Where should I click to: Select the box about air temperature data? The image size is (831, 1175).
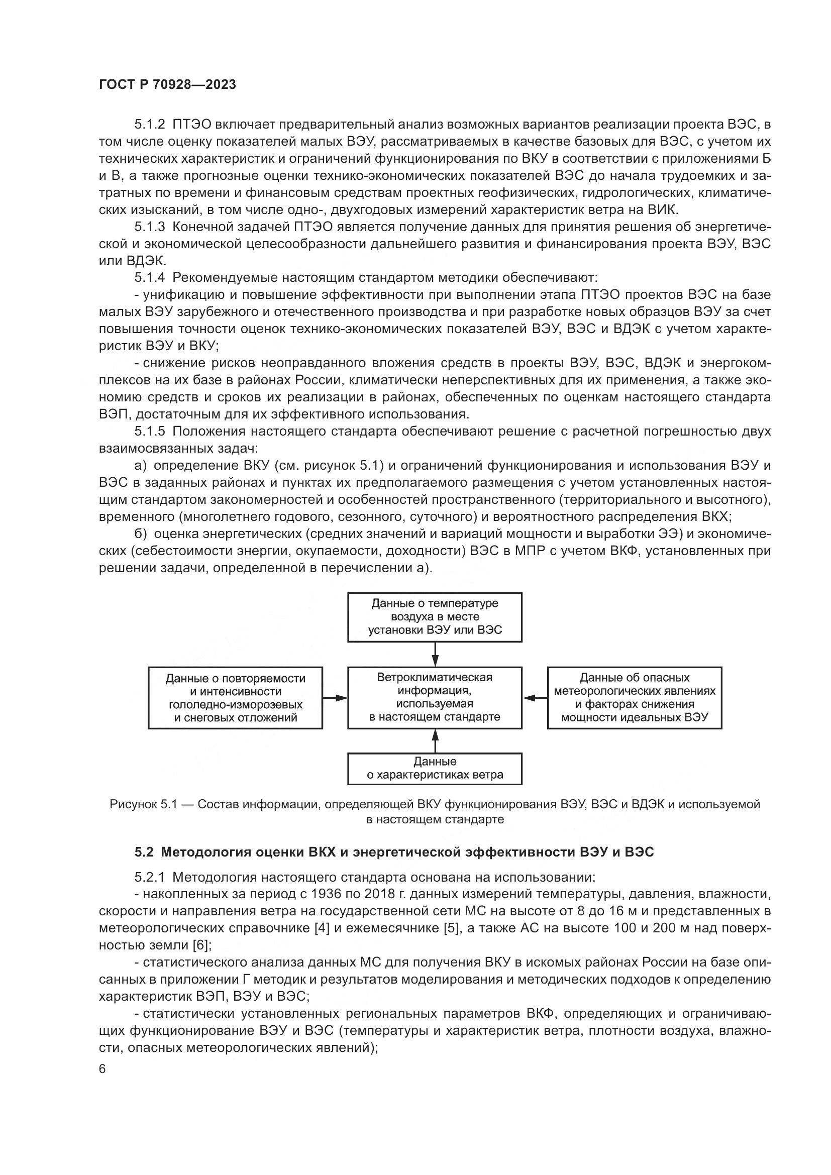435,617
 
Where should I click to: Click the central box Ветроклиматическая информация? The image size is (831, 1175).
435,698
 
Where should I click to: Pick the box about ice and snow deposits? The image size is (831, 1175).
235,698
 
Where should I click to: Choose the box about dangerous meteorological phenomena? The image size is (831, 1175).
635,698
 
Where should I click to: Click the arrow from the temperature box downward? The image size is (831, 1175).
435,655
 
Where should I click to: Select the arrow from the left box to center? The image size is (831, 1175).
335,698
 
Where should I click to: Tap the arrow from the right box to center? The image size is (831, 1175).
535,698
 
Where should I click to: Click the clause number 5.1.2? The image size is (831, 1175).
150,125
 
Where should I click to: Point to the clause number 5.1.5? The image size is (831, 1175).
150,432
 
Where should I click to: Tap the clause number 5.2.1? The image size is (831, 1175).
150,878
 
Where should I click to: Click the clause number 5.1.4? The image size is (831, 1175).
150,278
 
